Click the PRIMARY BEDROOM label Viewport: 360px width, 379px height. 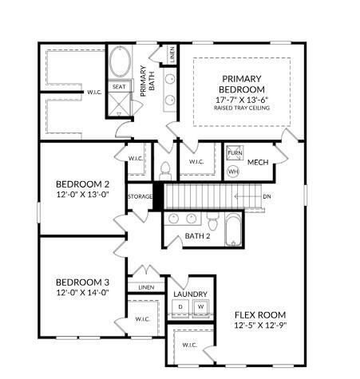[x=241, y=84]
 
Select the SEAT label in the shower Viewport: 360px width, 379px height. [x=119, y=87]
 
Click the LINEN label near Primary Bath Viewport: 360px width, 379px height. [x=172, y=55]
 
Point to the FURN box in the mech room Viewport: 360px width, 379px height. [x=235, y=152]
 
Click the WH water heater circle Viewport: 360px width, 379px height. [x=234, y=171]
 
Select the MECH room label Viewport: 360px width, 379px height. [x=258, y=163]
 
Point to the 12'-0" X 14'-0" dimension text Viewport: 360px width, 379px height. [x=81, y=293]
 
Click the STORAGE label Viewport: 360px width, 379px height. [x=140, y=196]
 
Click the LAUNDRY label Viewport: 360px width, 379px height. [x=191, y=294]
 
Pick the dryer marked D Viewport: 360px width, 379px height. [x=180, y=307]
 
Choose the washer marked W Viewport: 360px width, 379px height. [x=201, y=307]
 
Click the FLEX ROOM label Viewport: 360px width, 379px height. [x=260, y=314]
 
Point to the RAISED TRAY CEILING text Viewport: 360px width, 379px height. [x=241, y=108]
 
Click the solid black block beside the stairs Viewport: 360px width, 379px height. [x=158, y=195]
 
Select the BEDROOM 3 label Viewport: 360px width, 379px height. [x=81, y=282]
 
